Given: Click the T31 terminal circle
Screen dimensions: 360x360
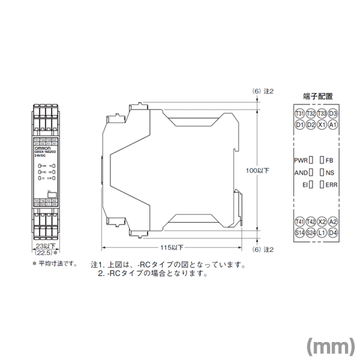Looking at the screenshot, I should tap(300, 113).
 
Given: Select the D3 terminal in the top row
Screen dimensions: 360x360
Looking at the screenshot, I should tap(333, 113).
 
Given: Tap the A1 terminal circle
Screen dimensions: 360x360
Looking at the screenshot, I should tap(333, 124).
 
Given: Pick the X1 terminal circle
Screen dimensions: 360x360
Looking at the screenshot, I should tap(322, 124).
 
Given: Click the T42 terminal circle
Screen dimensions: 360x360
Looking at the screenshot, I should tap(311, 221).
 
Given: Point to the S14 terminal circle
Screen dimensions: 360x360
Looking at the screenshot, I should tap(300, 232).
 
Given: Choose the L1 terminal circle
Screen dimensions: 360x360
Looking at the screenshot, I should tap(322, 232).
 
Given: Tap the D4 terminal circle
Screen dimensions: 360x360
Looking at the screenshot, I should tap(333, 232).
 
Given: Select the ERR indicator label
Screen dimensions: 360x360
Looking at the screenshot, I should tap(331, 185).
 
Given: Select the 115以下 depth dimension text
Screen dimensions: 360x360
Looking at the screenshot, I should tap(173, 247).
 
